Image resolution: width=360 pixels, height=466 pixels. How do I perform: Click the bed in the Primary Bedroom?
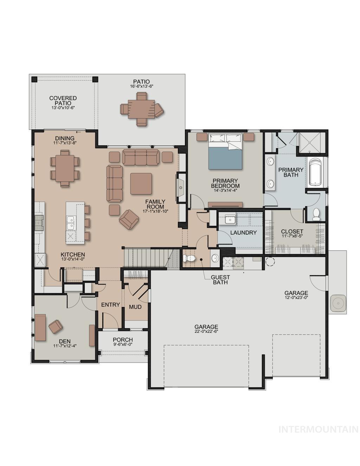[x=225, y=152]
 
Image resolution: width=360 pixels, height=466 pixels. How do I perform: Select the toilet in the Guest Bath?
[x=189, y=258]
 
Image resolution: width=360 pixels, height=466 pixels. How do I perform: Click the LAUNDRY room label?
[x=243, y=232]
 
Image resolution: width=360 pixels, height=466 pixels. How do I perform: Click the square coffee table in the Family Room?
[x=141, y=184]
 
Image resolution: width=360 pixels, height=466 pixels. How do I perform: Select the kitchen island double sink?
[x=71, y=222]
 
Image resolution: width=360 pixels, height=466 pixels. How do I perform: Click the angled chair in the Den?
[x=56, y=327]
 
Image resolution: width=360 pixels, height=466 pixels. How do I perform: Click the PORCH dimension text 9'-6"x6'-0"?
[x=123, y=345]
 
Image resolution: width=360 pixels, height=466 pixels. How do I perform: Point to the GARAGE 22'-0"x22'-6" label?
[x=206, y=328]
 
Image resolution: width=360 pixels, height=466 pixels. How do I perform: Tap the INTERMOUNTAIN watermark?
[x=318, y=429]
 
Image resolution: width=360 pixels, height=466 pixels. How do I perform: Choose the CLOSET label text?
[x=292, y=231]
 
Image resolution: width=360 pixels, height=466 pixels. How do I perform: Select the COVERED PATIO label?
[x=63, y=101]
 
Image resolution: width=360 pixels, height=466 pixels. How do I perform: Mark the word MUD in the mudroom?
[x=135, y=307]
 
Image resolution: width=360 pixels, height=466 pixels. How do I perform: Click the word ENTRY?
[x=110, y=305]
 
